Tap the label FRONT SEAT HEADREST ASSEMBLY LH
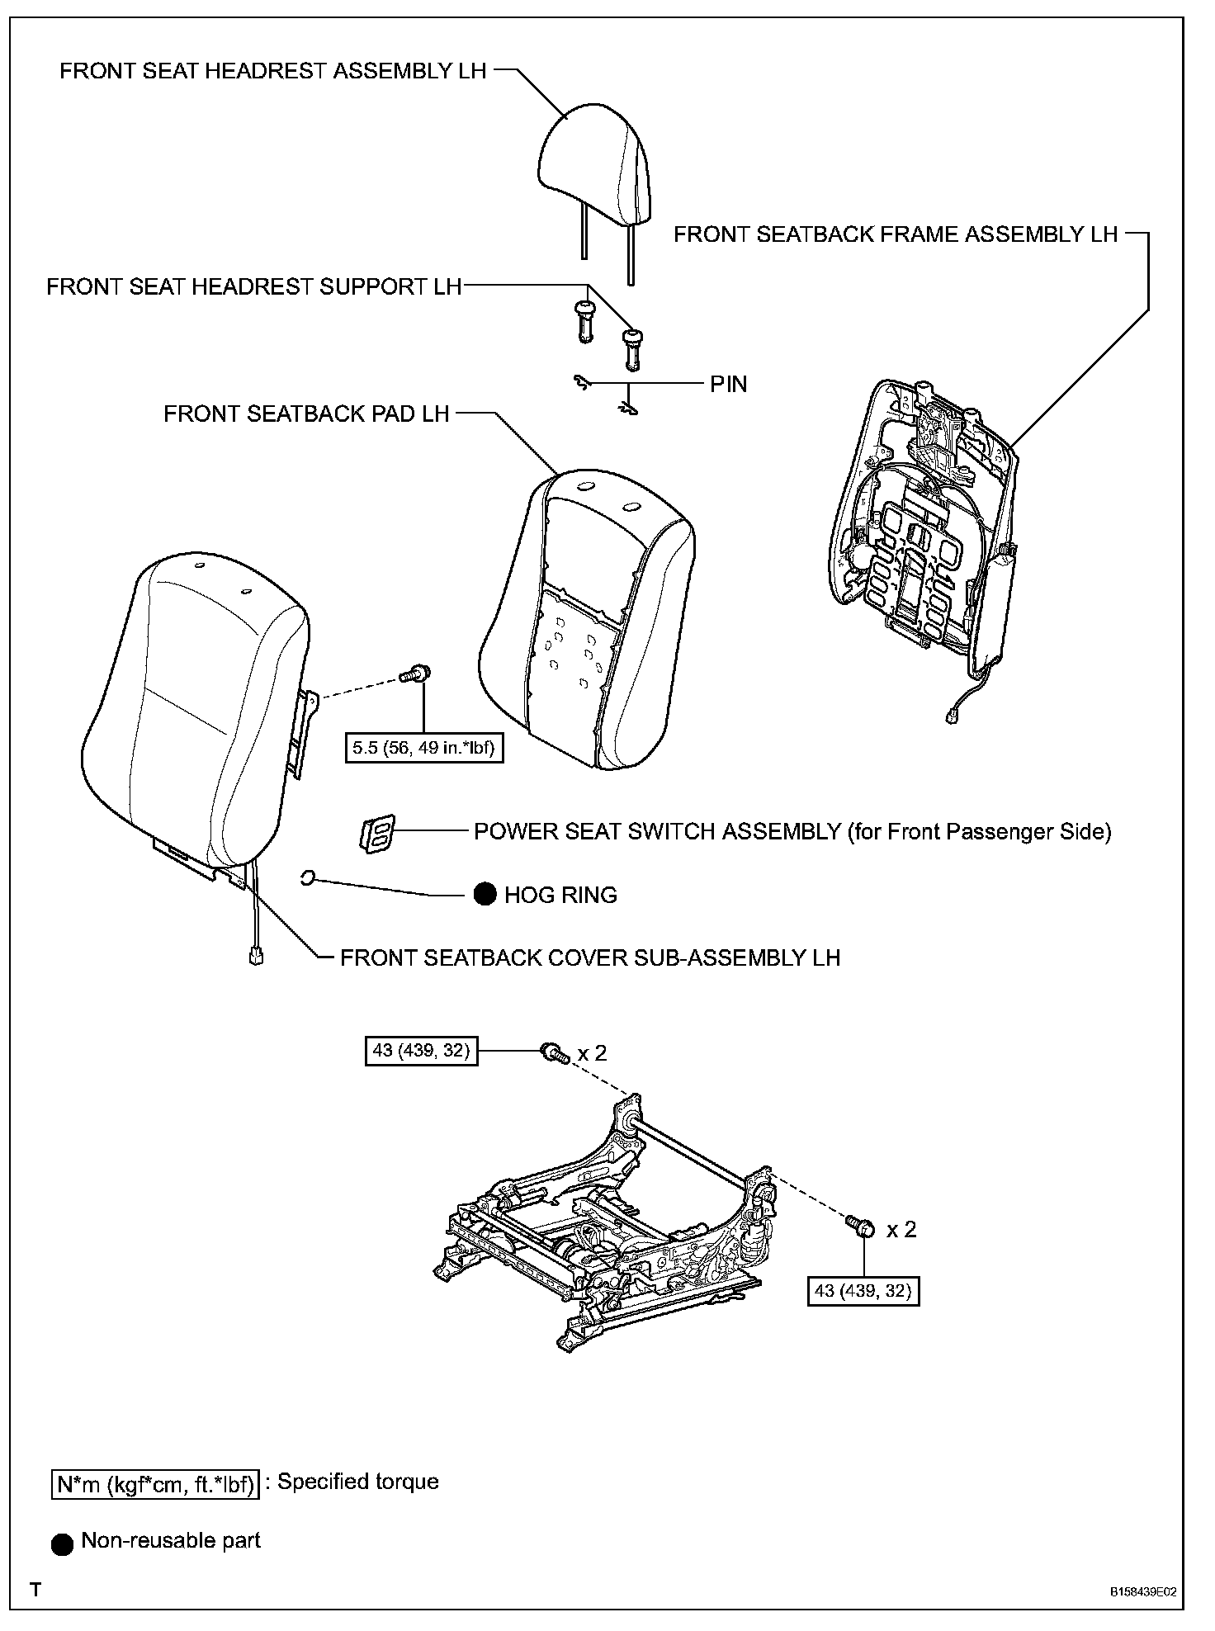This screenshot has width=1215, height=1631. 273,71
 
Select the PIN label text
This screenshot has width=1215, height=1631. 728,384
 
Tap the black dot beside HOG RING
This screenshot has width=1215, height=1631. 485,894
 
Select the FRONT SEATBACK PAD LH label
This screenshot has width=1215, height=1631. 306,414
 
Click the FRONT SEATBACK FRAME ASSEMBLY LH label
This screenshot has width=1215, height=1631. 896,234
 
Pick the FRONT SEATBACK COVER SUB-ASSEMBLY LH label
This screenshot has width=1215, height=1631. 590,957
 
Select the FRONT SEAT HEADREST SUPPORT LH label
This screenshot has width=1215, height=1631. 253,286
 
